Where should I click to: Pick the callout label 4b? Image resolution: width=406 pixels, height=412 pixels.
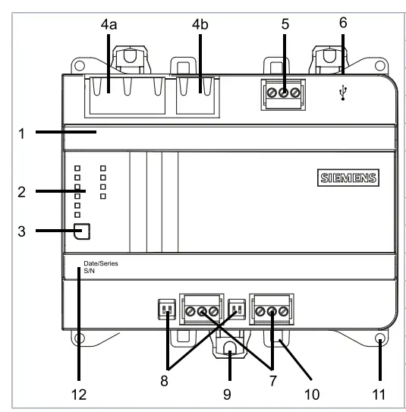(200, 26)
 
